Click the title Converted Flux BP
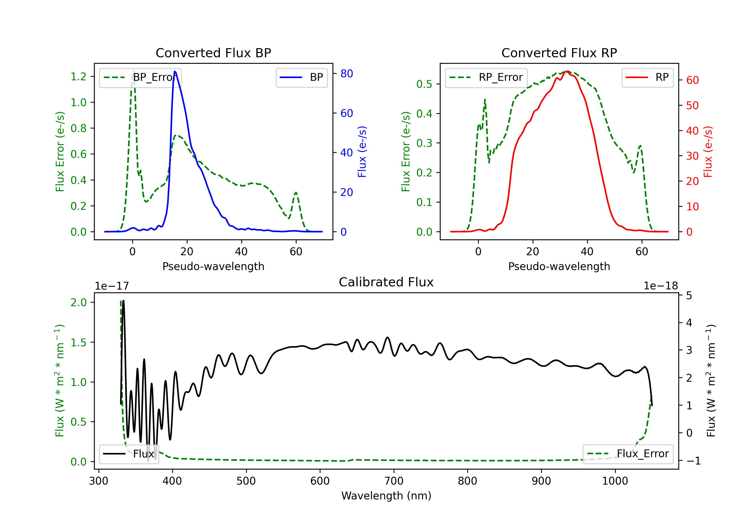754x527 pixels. pos(213,53)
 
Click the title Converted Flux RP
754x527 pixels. pos(559,53)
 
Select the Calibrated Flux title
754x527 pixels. pos(386,282)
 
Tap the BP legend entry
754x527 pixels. pos(301,77)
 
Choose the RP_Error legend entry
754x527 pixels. pos(486,77)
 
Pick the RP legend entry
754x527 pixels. pos(647,77)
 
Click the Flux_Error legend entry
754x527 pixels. pos(628,454)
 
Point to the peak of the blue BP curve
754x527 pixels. pos(175,71)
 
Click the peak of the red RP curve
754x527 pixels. pos(566,71)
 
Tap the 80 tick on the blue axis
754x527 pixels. pos(346,74)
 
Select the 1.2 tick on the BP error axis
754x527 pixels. pos(78,77)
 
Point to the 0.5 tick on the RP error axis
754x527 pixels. pos(424,84)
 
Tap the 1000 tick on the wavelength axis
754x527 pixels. pos(615,481)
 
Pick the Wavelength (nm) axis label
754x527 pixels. pos(386,496)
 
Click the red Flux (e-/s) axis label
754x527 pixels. pos(708,152)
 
